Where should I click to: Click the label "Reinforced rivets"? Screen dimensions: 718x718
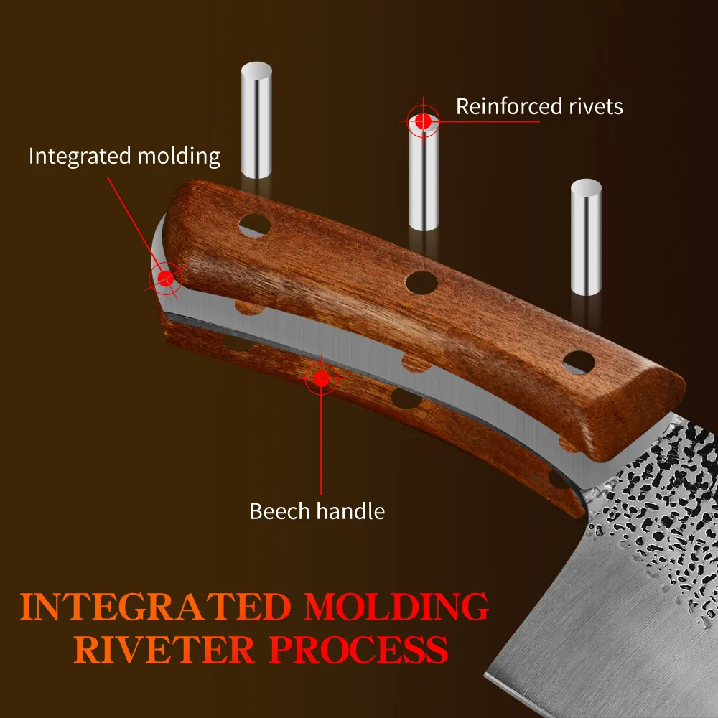539,107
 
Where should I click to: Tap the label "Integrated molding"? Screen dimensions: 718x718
124,156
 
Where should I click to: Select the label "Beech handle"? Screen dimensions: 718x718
317,511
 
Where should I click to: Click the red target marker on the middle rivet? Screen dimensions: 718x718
423,121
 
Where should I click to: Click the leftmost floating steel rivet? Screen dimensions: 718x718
257,121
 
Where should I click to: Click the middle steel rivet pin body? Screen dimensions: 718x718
424,179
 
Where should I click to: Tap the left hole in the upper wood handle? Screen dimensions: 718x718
255,225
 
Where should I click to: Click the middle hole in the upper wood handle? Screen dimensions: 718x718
421,282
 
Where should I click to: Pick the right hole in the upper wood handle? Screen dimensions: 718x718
580,363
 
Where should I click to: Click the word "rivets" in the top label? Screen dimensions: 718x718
593,107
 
